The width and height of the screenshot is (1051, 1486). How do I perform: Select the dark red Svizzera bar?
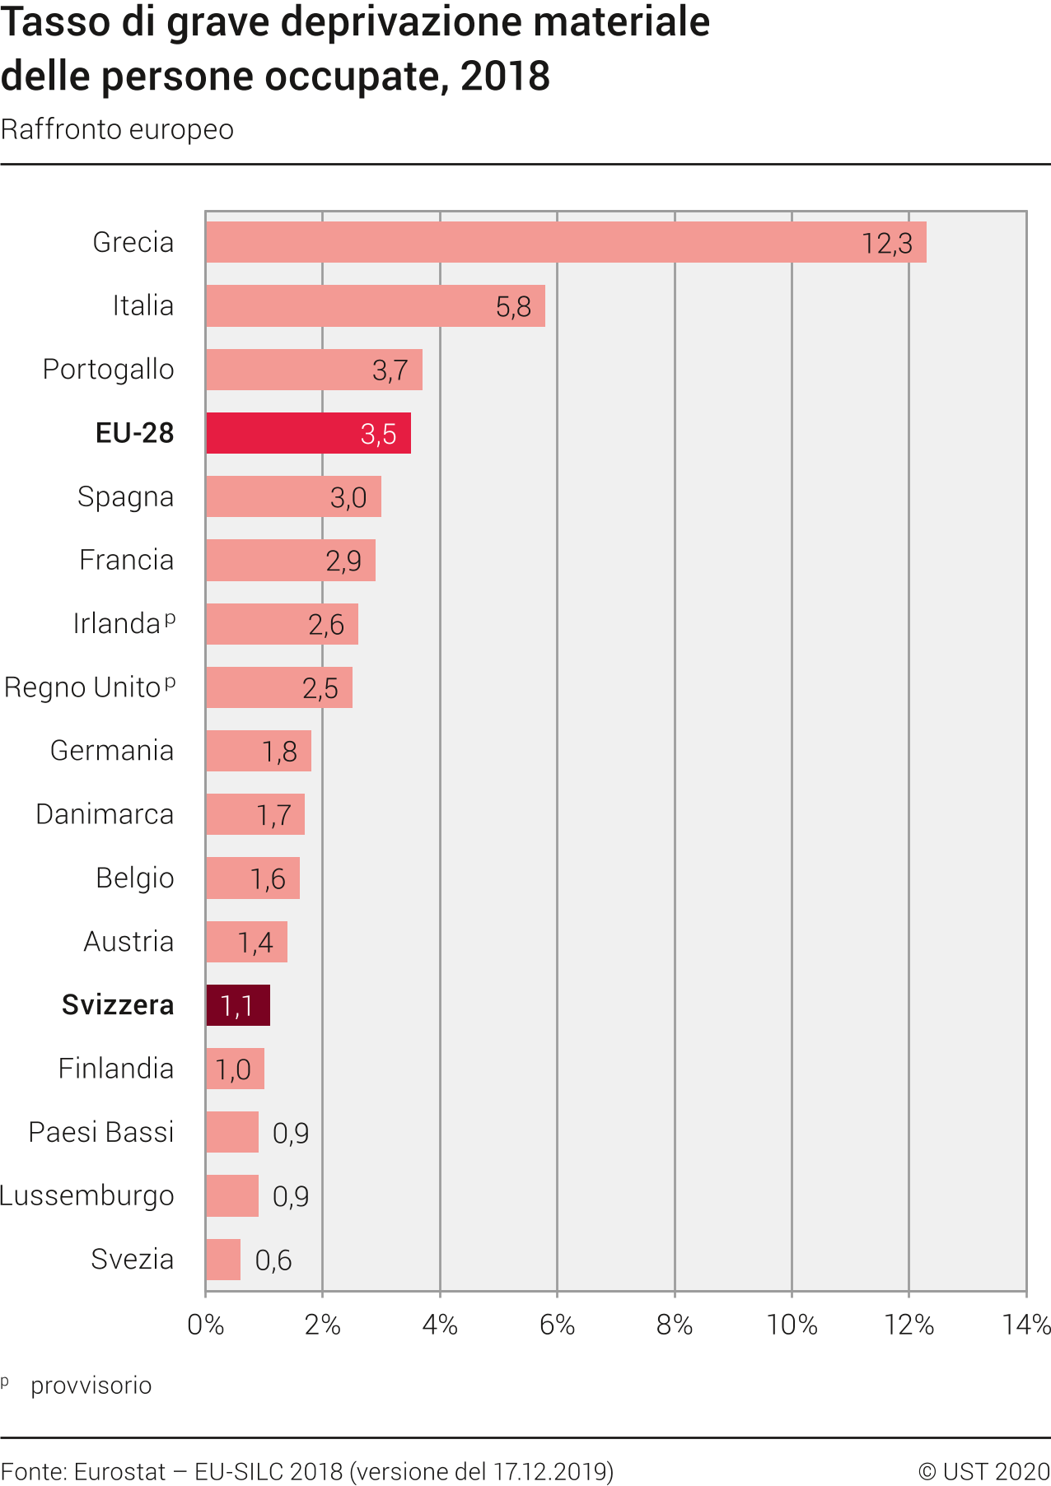pyautogui.click(x=238, y=1005)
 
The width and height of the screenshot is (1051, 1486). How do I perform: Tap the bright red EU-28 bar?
pyautogui.click(x=308, y=433)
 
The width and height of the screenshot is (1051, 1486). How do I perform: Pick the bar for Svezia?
pyautogui.click(x=223, y=1260)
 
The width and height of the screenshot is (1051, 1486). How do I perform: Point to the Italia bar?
pyautogui.click(x=375, y=306)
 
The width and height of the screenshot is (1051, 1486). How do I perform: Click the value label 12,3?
pyautogui.click(x=887, y=244)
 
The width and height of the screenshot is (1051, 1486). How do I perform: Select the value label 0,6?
pyautogui.click(x=273, y=1260)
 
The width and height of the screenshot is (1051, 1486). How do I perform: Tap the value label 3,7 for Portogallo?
pyautogui.click(x=390, y=370)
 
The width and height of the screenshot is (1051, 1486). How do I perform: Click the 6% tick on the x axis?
pyautogui.click(x=557, y=1325)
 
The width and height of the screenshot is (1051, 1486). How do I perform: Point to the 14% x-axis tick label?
pyautogui.click(x=1025, y=1325)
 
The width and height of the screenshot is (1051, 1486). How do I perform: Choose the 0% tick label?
pyautogui.click(x=206, y=1325)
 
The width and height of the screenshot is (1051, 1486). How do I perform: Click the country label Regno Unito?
pyautogui.click(x=82, y=687)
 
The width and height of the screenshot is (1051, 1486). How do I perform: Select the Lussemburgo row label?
pyautogui.click(x=87, y=1196)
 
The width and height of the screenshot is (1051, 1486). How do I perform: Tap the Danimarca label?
pyautogui.click(x=105, y=815)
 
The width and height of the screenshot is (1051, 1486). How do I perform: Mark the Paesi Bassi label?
pyautogui.click(x=101, y=1133)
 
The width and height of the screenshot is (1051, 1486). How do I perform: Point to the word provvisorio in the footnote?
pyautogui.click(x=91, y=1386)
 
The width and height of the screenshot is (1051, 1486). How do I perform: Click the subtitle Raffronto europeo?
pyautogui.click(x=117, y=130)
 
